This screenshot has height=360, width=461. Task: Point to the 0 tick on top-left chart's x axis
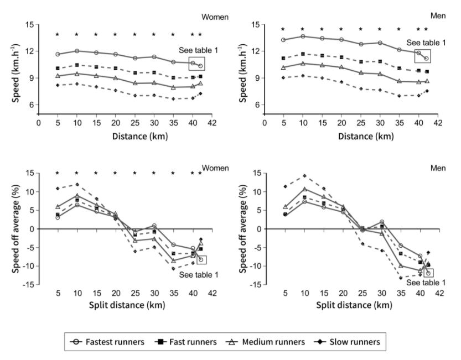tap(39, 123)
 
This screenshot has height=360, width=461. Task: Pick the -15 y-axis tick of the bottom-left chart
tap(28, 285)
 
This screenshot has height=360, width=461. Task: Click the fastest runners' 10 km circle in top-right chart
tap(303, 36)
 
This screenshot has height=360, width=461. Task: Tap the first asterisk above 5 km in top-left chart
tap(58, 34)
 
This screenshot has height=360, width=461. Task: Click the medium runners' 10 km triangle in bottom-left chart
tap(77, 195)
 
